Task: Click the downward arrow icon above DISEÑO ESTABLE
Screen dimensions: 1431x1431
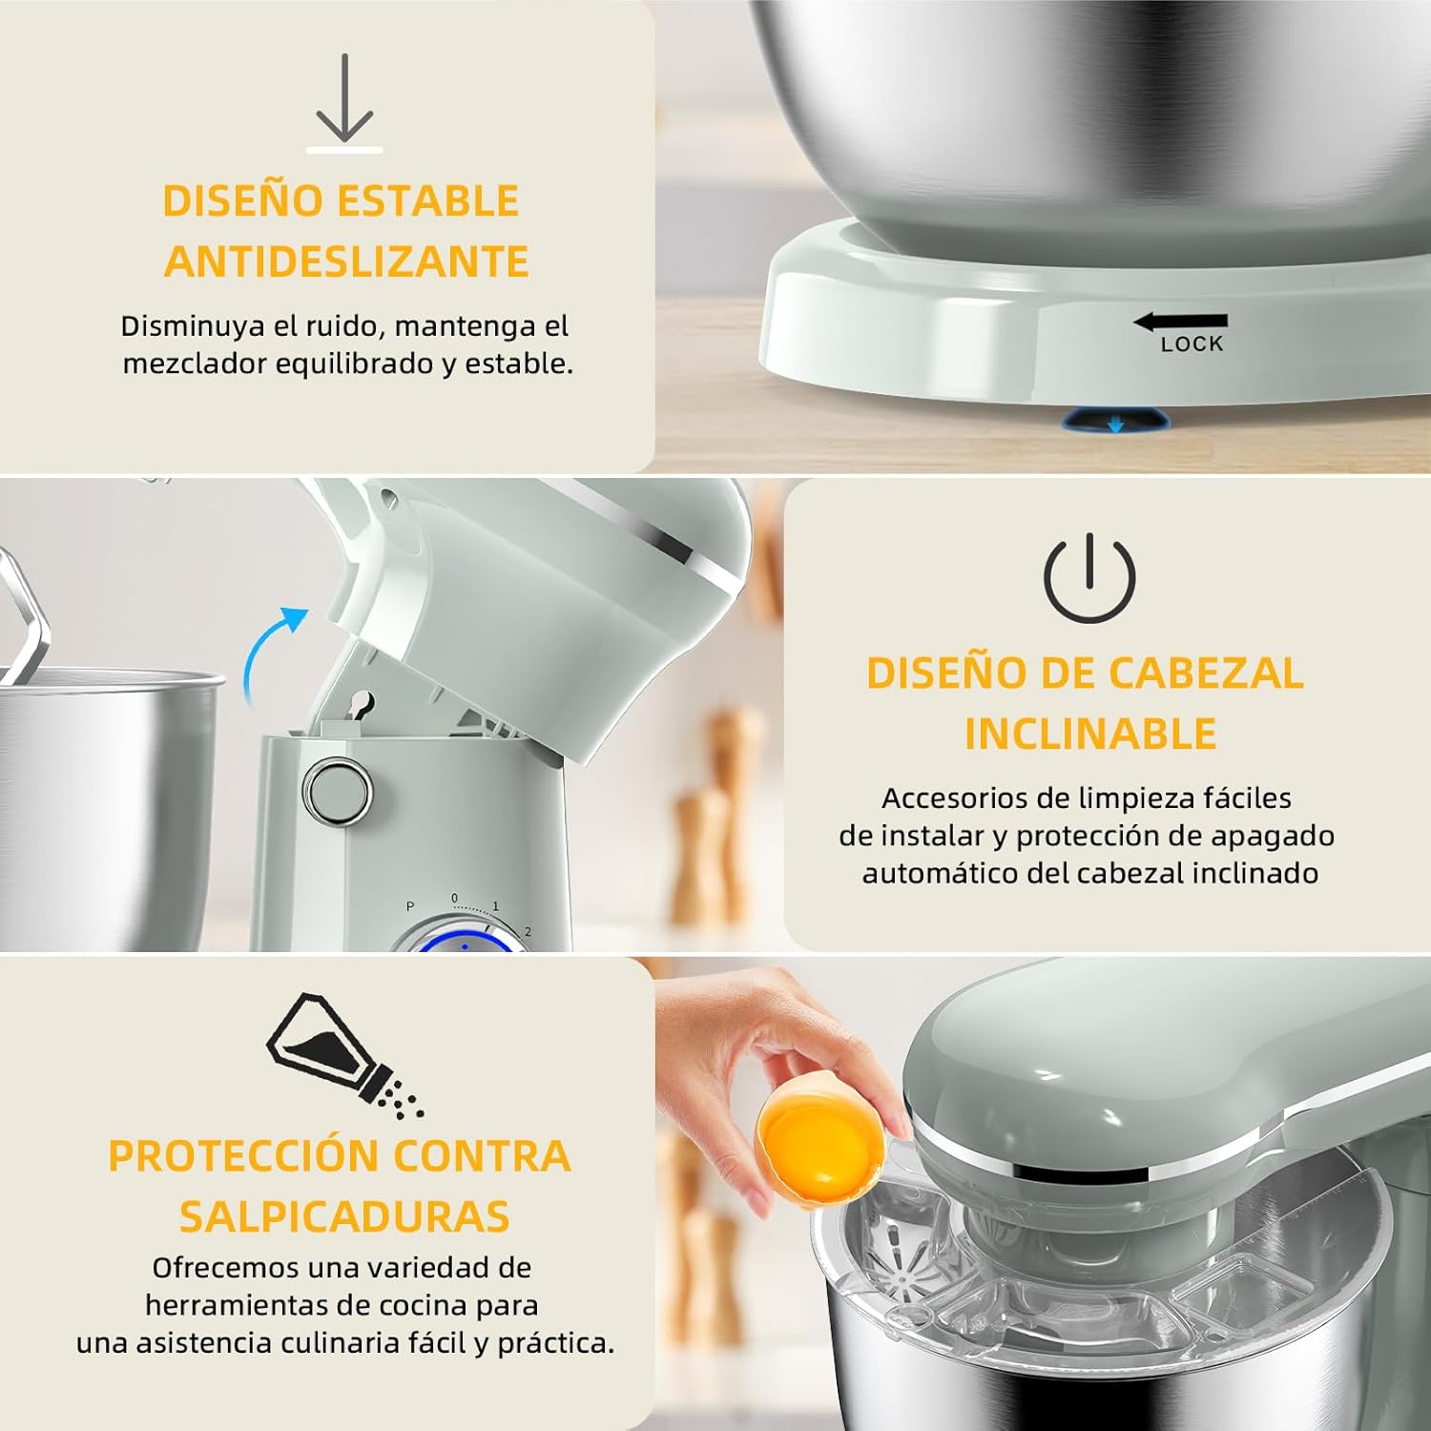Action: [x=344, y=100]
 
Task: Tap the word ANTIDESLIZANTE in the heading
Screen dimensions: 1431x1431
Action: [x=346, y=261]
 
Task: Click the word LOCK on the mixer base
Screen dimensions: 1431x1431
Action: [x=1192, y=344]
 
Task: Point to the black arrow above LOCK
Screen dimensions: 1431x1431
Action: [x=1180, y=322]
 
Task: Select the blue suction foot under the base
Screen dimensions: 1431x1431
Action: [x=1114, y=419]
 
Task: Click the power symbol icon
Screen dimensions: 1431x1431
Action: [x=1089, y=577]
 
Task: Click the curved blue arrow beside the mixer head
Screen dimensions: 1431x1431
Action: [x=270, y=653]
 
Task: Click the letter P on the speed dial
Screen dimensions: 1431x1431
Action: [x=410, y=906]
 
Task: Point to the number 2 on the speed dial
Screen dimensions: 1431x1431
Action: [x=528, y=932]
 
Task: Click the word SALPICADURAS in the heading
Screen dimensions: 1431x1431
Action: [x=344, y=1216]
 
